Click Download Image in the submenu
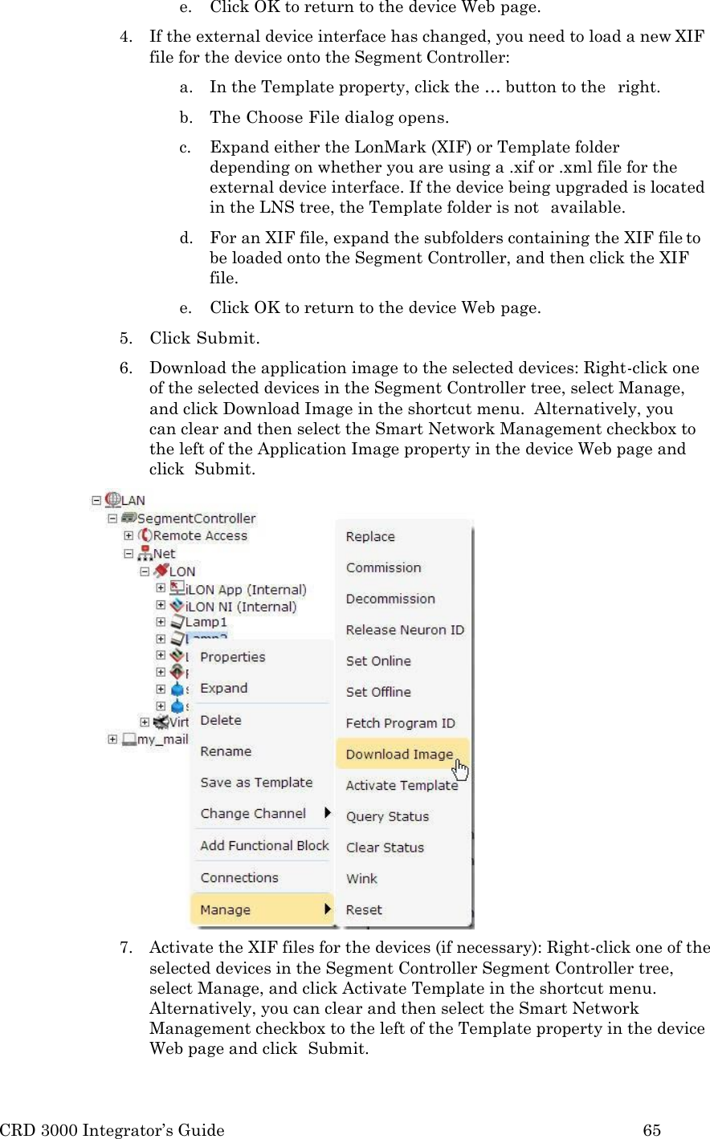click(x=399, y=755)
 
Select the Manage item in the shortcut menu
click(x=226, y=910)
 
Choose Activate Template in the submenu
click(x=402, y=786)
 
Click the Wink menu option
click(x=361, y=879)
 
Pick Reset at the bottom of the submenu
click(x=364, y=910)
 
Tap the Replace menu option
click(x=370, y=537)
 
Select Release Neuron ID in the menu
click(x=405, y=630)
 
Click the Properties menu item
click(x=232, y=657)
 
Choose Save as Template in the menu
click(x=256, y=783)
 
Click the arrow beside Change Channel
click(x=327, y=813)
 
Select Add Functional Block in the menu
click(x=264, y=846)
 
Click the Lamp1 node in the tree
click(x=206, y=622)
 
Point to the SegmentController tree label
click(x=196, y=519)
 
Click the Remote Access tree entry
click(x=200, y=536)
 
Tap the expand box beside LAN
click(x=96, y=500)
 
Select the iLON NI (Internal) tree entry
click(x=241, y=607)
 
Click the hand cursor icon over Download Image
click(x=461, y=771)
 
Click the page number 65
click(x=651, y=1130)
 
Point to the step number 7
click(x=125, y=948)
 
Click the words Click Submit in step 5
click(x=204, y=338)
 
